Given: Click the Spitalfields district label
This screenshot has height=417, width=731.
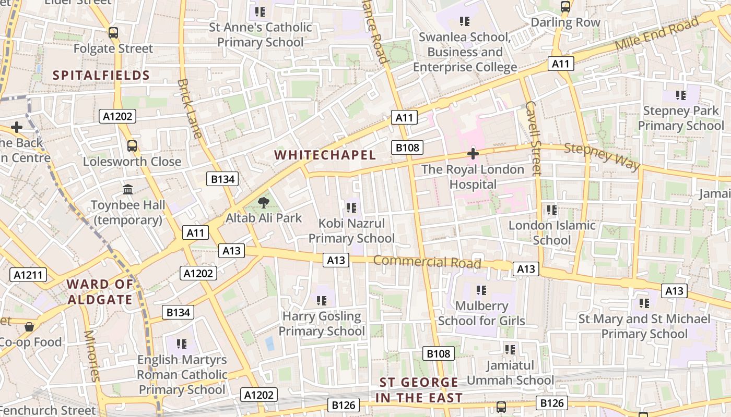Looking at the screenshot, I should pos(101,75).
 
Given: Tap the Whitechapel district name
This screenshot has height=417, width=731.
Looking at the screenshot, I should pos(325,155).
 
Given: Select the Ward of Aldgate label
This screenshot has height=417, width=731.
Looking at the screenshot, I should pos(100,292).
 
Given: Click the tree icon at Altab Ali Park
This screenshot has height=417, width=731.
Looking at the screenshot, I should pos(264,202).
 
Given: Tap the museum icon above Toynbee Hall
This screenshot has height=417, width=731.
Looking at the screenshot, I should pos(128,189).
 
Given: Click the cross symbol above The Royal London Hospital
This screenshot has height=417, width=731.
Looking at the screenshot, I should pos(473,154).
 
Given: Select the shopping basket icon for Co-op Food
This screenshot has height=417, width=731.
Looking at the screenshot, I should pos(29,327).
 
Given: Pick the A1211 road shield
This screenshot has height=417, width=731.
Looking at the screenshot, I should pos(28,275).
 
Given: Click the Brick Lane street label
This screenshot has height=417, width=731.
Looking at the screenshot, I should pos(190,108).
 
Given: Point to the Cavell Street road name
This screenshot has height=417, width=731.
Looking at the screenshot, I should pos(533,138).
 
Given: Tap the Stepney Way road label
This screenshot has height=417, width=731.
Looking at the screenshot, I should pos(602,156).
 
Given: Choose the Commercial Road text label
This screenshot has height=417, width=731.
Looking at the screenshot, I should pos(427,262).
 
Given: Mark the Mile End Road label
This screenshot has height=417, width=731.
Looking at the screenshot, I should pos(656,34).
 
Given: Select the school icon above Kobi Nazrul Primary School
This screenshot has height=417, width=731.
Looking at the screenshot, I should pos(351,208).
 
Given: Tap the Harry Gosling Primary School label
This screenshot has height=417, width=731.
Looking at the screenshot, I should pos(321,324).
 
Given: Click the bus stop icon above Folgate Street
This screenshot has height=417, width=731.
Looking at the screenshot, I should pos(113,33).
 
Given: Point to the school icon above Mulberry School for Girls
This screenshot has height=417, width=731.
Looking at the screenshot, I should pos(481,290).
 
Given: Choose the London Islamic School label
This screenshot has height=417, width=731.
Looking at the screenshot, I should pos(552,232).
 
